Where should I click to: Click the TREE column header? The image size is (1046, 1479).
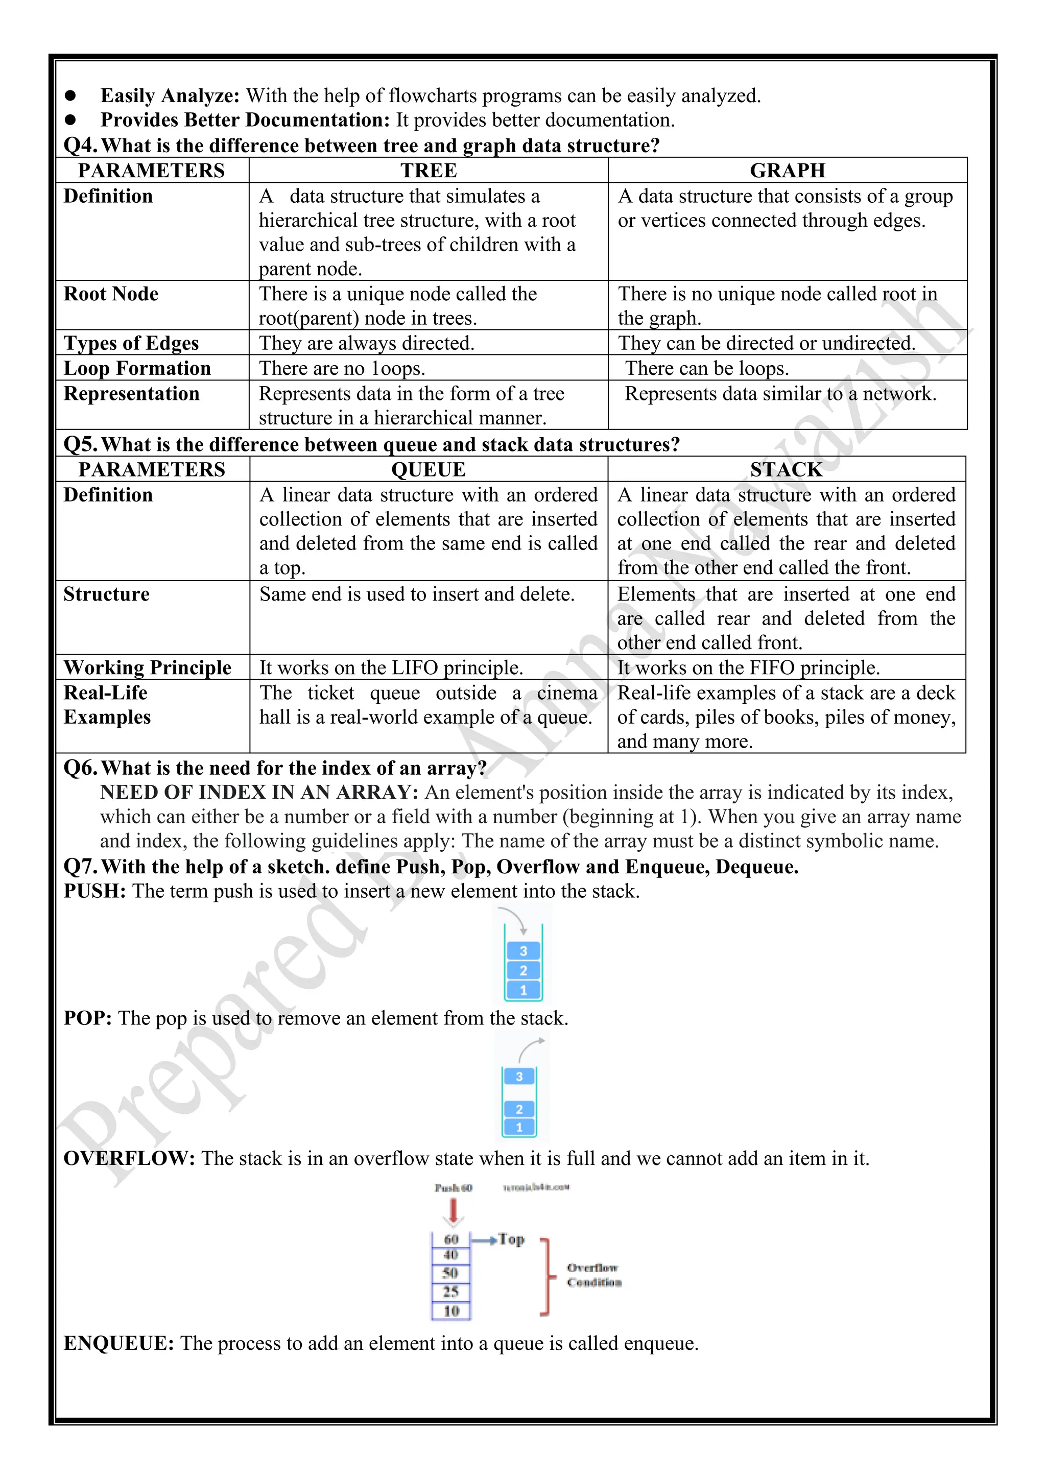coord(429,171)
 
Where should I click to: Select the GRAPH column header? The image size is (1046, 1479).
coord(787,171)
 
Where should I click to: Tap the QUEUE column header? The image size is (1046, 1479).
coord(429,470)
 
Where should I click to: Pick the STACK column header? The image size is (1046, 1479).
coord(786,470)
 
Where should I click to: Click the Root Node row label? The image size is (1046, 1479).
coord(111,294)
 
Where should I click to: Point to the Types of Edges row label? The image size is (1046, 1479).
coord(131,343)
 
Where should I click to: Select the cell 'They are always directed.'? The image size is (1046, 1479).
coord(367,343)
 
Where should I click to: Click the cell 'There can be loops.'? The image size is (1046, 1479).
coord(706,368)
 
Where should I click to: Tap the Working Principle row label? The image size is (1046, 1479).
coord(148,668)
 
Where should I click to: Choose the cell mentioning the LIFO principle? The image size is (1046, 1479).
coord(391,668)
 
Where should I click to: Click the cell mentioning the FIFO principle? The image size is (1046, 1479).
coord(748,668)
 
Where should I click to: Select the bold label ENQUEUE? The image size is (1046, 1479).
coord(118,1344)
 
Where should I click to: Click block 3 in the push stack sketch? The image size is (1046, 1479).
coord(523,951)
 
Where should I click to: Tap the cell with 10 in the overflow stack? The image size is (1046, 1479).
coord(451,1311)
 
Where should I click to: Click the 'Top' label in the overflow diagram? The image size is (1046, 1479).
coord(511,1239)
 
